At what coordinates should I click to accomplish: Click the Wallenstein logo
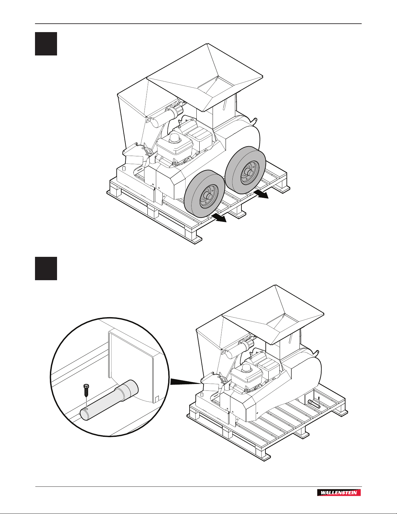tap(339, 493)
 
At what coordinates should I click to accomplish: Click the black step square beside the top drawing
tap(46, 43)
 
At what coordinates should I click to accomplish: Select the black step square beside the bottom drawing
tap(46, 268)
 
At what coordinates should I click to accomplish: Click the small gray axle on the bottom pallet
tap(314, 404)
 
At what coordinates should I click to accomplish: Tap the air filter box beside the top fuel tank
tap(200, 136)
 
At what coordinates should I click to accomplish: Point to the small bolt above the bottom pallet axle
tap(319, 398)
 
